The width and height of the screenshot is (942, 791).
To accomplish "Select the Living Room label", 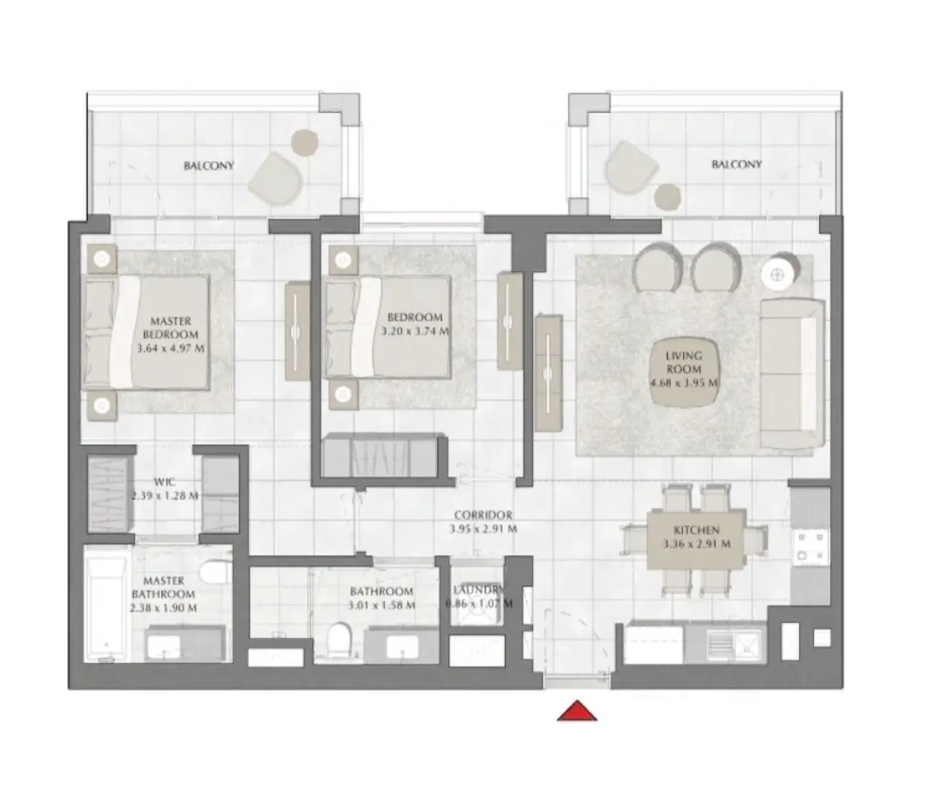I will [683, 362].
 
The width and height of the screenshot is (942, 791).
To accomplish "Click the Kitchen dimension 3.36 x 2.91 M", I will [696, 544].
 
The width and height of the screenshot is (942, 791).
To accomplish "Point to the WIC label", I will [165, 482].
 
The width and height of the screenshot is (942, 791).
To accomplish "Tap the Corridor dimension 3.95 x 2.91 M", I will [483, 529].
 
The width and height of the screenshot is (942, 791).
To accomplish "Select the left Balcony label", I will [209, 165].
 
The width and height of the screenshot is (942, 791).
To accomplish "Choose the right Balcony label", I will [736, 164].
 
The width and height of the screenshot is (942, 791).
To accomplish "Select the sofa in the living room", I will [792, 374].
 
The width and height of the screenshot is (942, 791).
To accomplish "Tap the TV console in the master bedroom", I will [297, 331].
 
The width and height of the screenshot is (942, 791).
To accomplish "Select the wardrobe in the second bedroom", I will [383, 454].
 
